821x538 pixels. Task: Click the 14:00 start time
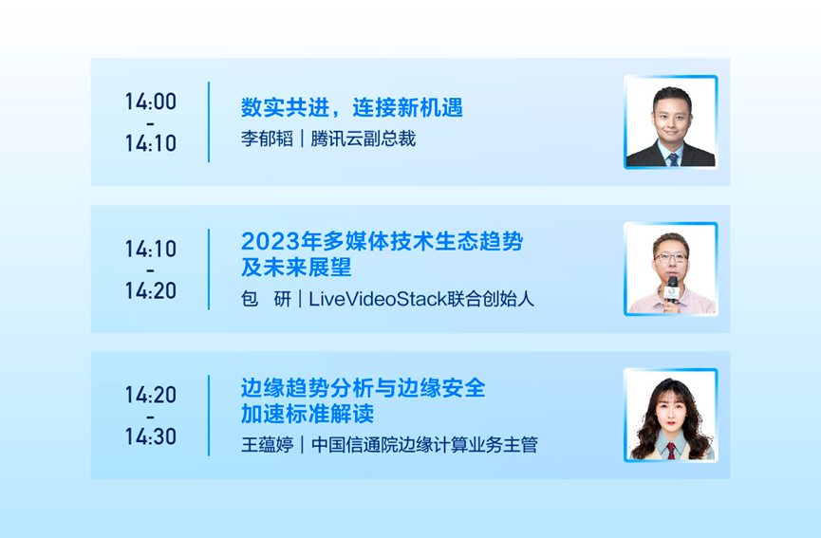point(151,102)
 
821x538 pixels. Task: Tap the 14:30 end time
point(151,436)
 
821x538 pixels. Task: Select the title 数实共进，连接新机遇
point(352,108)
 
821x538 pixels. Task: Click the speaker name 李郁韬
point(267,139)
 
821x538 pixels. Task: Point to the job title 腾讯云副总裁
point(364,139)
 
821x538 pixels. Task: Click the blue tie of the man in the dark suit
point(673,159)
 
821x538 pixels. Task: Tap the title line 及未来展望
point(296,268)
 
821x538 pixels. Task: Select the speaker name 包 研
point(266,299)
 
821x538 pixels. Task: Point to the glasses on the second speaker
point(671,258)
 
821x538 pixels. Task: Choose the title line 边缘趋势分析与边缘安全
point(364,388)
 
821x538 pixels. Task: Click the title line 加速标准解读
point(308,414)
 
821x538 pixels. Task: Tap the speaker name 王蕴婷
point(267,445)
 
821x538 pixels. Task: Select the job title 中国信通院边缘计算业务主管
point(424,445)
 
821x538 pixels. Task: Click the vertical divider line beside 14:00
point(209,122)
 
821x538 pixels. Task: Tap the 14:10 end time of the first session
point(151,143)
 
